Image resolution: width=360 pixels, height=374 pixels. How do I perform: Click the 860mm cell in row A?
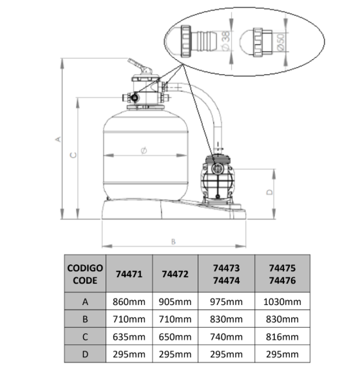[129, 302]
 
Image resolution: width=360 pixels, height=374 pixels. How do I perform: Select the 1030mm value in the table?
[282, 302]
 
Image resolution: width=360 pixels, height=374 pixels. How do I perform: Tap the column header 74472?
[175, 274]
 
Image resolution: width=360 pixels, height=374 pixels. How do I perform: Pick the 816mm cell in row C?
[282, 337]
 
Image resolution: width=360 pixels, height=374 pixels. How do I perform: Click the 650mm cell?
[175, 337]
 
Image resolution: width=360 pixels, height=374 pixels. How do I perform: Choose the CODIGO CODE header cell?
[85, 274]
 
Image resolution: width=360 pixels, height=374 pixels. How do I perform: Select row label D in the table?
[85, 354]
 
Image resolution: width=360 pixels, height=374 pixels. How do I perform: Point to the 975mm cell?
[226, 302]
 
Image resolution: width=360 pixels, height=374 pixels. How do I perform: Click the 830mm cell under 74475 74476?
[282, 319]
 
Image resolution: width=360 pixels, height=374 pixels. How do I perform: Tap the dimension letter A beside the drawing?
[58, 139]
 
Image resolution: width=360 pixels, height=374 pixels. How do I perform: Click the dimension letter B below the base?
[173, 242]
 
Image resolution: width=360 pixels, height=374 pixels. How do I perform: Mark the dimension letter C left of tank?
[73, 155]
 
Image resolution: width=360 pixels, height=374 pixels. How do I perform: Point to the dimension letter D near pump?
[270, 192]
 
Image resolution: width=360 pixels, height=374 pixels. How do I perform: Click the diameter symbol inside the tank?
[144, 150]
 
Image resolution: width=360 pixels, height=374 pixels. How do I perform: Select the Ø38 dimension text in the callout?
[225, 40]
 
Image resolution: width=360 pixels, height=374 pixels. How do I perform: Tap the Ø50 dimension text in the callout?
[281, 42]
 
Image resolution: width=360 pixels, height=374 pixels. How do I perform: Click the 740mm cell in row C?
[226, 337]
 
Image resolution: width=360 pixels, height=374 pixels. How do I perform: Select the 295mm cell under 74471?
[129, 354]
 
